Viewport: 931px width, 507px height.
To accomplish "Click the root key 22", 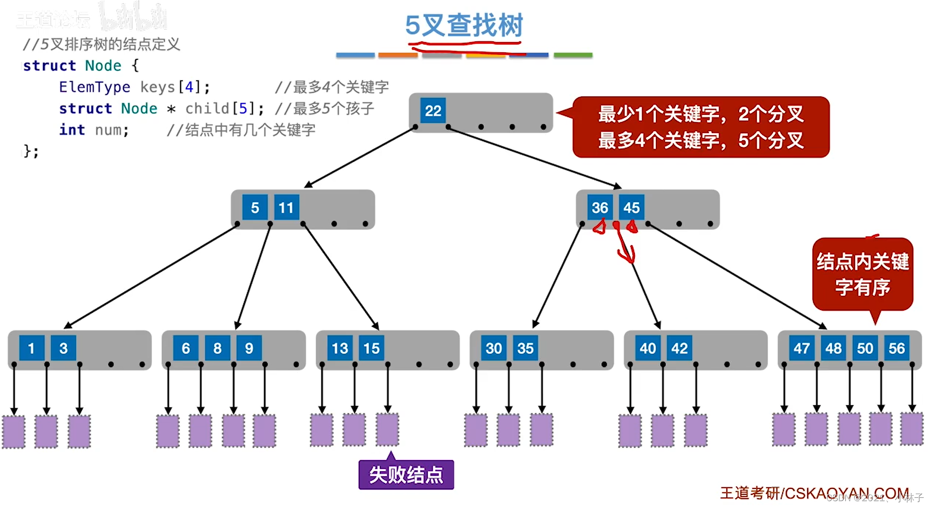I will click(433, 111).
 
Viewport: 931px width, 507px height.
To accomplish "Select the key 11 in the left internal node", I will click(286, 208).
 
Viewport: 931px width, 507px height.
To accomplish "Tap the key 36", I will click(600, 208).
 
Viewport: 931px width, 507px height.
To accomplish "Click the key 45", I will click(631, 208).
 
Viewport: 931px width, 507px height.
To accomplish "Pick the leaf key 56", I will click(896, 348).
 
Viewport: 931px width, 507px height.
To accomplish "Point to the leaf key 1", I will click(31, 348).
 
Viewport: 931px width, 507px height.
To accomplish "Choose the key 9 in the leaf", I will click(249, 348).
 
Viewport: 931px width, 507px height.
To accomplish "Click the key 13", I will click(340, 348).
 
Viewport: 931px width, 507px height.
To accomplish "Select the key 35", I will click(525, 348).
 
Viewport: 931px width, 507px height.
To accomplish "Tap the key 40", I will click(648, 348).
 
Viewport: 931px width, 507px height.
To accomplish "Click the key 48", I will click(833, 348).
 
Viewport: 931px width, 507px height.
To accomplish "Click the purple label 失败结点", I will click(406, 475).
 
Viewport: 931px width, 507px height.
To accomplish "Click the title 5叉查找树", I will click(464, 25).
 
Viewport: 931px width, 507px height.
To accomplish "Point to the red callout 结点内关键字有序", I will click(862, 274).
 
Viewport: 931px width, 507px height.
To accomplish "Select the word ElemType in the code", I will click(94, 87).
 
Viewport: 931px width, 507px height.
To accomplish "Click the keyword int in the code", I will click(72, 130).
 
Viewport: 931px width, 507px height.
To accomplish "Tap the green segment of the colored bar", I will click(573, 55).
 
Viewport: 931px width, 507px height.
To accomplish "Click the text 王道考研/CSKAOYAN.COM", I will click(814, 493).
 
